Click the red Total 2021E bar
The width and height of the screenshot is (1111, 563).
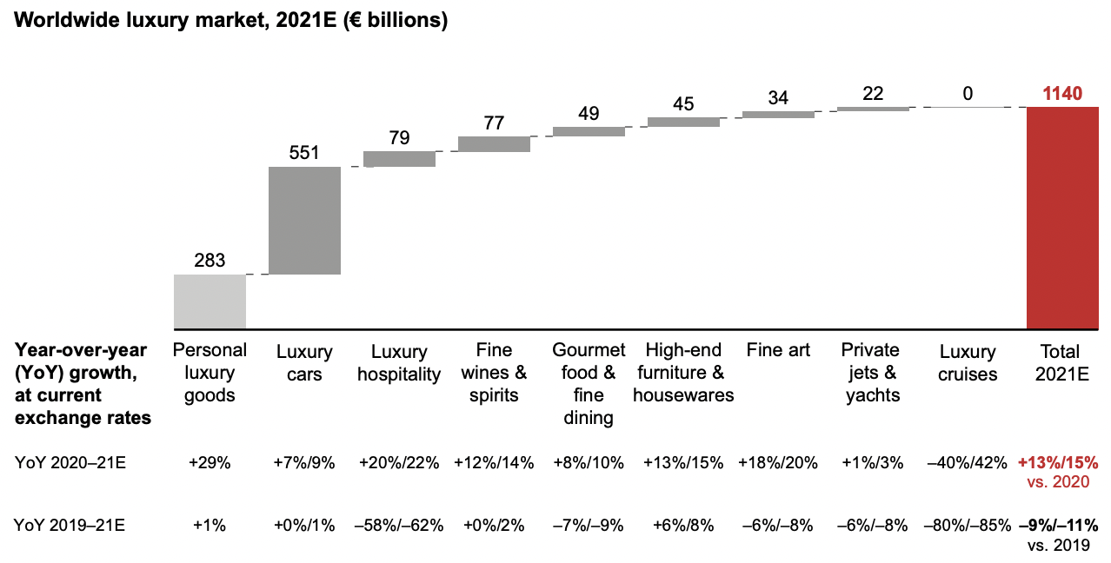[1062, 217]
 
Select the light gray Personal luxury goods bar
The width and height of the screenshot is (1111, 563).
[210, 301]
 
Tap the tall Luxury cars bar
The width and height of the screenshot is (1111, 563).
[304, 220]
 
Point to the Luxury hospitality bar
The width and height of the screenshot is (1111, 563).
[399, 159]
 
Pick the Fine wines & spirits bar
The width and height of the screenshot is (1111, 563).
[494, 143]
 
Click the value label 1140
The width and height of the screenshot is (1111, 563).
[1062, 93]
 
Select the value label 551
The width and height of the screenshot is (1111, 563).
[304, 153]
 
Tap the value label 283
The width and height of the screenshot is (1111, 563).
[210, 260]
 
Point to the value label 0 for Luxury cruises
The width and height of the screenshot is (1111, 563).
[968, 93]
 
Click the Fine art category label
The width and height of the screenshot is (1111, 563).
[778, 350]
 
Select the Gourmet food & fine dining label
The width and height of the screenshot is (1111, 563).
[589, 384]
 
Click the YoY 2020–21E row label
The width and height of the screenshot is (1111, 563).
[70, 463]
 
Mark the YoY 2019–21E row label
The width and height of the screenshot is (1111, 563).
[70, 525]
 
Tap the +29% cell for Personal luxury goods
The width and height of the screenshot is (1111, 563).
[210, 463]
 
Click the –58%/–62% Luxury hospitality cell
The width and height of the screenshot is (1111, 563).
[399, 525]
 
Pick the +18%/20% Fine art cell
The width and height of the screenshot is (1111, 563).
[778, 463]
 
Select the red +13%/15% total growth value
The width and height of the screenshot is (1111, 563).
[1058, 463]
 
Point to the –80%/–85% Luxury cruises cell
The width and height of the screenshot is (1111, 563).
[968, 525]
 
